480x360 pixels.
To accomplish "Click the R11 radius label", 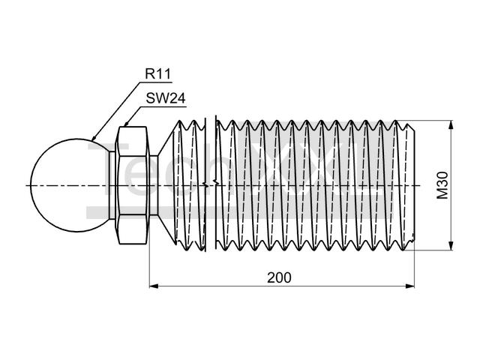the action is (x=157, y=73).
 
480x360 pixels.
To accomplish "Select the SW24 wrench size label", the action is (x=166, y=98).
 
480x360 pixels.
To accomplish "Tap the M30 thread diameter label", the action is (x=442, y=185).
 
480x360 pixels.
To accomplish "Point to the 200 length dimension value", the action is (x=279, y=277).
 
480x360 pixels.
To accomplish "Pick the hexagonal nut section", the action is (x=132, y=185).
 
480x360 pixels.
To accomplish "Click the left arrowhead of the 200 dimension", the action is (x=154, y=286).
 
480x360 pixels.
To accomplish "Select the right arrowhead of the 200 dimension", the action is (x=409, y=286).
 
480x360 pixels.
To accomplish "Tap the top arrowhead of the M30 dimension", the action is (x=451, y=125).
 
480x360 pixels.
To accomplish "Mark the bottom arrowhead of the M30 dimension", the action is (x=451, y=245).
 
